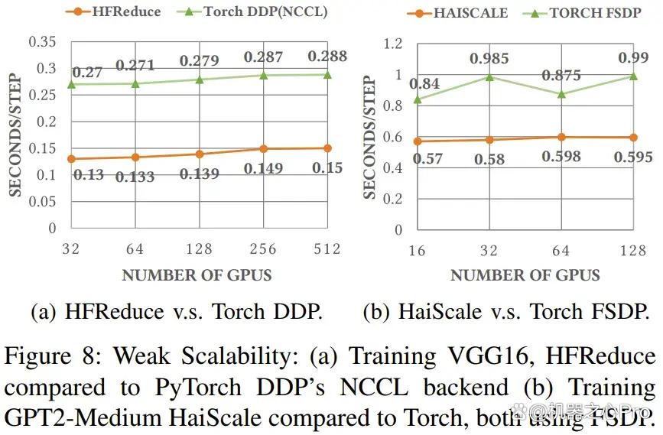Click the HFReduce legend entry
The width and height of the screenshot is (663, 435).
pos(113,11)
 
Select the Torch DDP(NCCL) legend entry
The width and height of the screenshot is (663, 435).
pos(252,11)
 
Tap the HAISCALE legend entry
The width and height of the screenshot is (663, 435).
pos(457,13)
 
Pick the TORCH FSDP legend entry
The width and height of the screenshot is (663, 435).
pos(582,13)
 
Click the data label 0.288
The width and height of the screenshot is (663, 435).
pos(327,57)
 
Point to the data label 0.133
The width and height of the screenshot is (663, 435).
pos(135,177)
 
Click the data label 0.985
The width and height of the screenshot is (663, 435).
pos(489,58)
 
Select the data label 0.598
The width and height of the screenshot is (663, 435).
pos(561,157)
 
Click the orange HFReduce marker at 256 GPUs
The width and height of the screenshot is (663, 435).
pos(263,149)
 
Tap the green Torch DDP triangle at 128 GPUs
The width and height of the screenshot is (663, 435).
pos(200,79)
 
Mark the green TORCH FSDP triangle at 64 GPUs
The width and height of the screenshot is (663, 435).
pos(561,94)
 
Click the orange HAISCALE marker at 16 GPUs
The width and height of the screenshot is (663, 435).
pos(418,141)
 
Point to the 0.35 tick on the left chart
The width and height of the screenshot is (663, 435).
pos(42,42)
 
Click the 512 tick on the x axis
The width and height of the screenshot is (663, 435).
pos(327,249)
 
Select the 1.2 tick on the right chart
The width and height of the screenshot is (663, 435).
pos(393,44)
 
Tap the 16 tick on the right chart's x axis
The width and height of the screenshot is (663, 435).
pos(417,251)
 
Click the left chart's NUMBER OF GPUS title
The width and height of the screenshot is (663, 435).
pos(197,275)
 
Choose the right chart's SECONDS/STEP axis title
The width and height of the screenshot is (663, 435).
pos(369,137)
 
